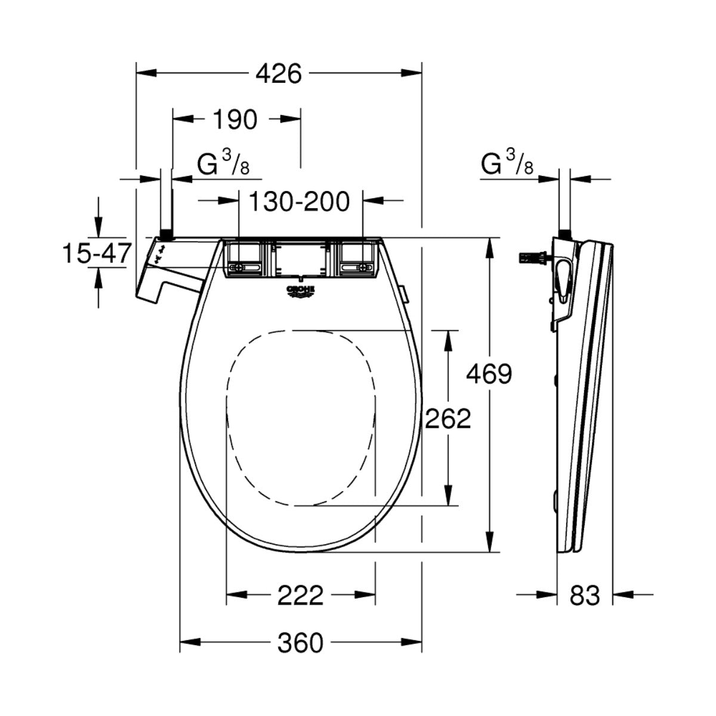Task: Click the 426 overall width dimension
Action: (x=279, y=74)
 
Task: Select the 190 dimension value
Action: (x=233, y=120)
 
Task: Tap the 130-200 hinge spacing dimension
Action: (x=298, y=202)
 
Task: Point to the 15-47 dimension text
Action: (x=96, y=254)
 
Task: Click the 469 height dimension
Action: (x=489, y=375)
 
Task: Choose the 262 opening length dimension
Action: (x=447, y=419)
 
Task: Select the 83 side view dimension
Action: (x=584, y=595)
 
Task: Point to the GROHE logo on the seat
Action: (x=301, y=292)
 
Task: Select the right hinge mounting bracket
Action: (x=358, y=260)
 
